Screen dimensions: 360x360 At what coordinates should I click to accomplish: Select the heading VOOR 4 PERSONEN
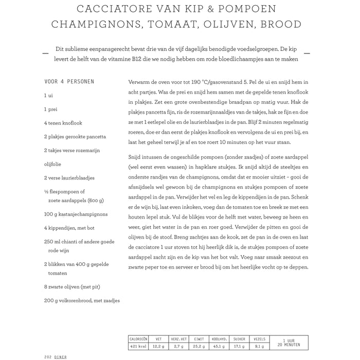69,81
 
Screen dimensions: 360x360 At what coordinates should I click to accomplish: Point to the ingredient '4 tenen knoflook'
63,123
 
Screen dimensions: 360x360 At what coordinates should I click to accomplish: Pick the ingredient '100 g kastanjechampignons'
76,213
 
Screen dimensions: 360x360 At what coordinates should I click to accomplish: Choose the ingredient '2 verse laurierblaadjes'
69,177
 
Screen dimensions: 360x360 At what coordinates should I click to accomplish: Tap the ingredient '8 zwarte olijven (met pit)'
73,287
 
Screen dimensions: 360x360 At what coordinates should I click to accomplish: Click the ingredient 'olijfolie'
55,164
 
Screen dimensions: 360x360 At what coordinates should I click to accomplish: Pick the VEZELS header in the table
260,339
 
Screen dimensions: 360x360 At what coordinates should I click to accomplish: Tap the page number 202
48,356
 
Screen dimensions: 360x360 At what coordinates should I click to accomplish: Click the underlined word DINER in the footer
61,356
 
